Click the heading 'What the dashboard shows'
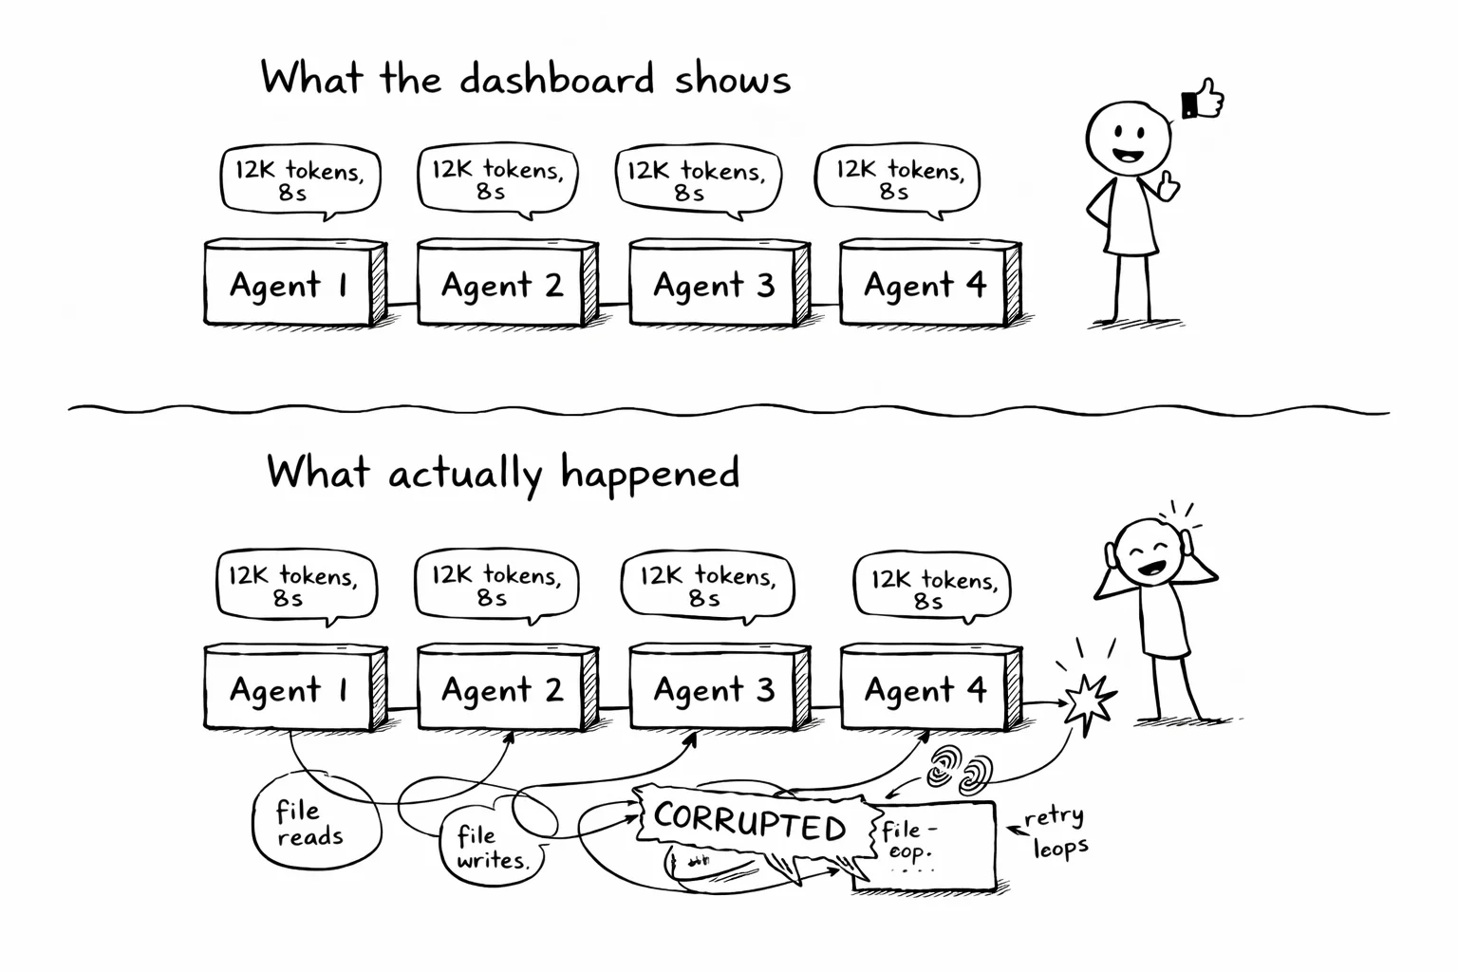coord(525,78)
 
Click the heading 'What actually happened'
coord(503,472)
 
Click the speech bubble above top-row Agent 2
coord(497,179)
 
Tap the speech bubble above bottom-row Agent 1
coord(295,586)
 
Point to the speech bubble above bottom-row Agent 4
coord(932,589)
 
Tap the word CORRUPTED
coord(750,822)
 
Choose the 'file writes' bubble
coord(490,848)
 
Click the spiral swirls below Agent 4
coord(959,771)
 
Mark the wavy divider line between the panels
coord(729,410)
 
